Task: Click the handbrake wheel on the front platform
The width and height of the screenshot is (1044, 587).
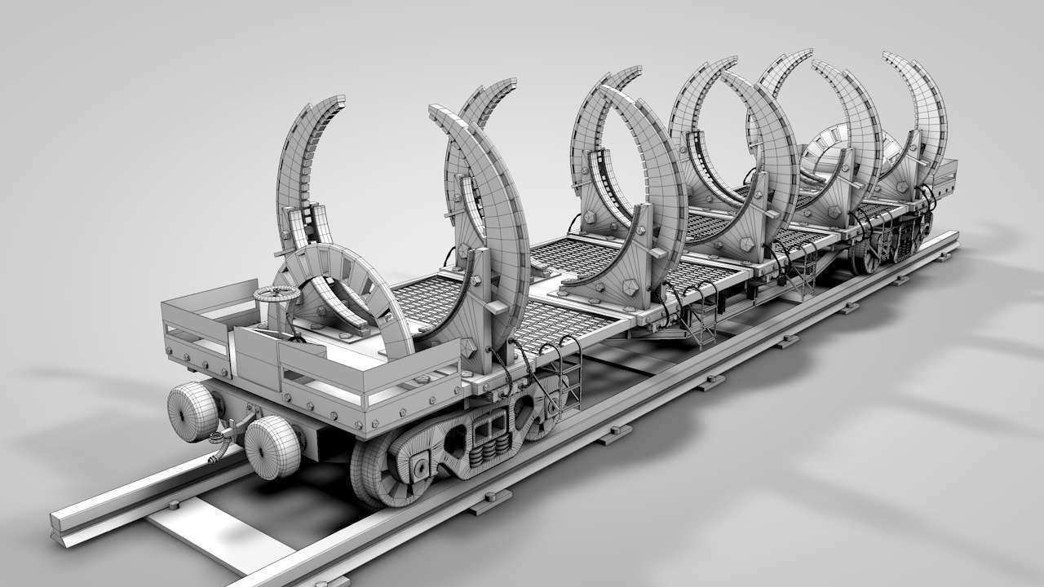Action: [273, 295]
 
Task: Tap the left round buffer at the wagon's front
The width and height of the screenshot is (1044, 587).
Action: [192, 412]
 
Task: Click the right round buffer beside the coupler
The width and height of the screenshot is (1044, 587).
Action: [272, 447]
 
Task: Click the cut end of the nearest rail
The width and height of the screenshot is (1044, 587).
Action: [62, 527]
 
